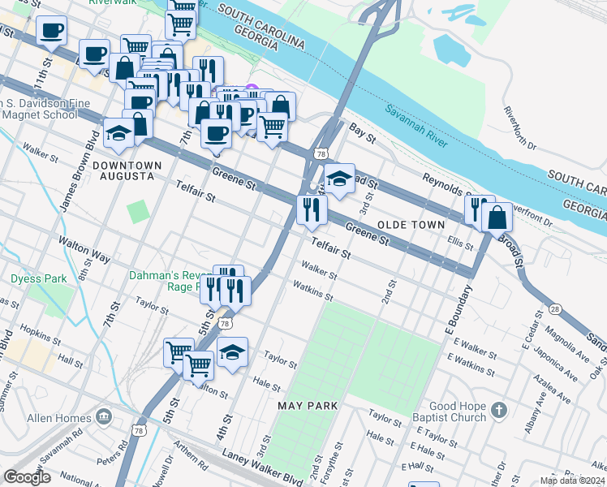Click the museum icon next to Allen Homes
click(104, 417)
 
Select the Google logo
click(27, 477)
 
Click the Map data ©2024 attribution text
click(572, 481)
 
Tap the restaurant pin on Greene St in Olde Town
click(312, 209)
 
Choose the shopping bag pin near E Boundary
click(497, 217)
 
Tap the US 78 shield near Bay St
click(322, 153)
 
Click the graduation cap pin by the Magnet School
click(118, 132)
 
